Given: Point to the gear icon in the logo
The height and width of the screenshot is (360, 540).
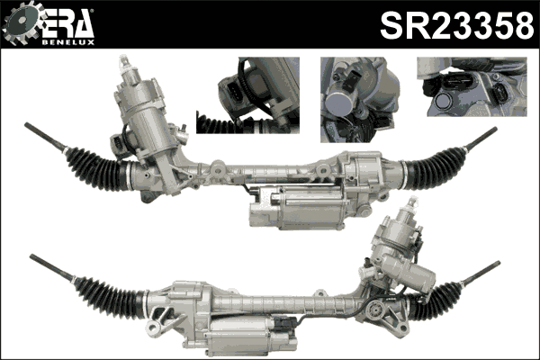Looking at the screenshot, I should click(21, 25).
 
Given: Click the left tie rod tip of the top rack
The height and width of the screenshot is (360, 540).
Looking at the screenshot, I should click(30, 128).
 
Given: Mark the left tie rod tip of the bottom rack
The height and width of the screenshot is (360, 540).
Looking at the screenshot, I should click(34, 257).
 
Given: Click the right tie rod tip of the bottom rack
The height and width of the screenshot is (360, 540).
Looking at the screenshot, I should click(496, 265).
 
